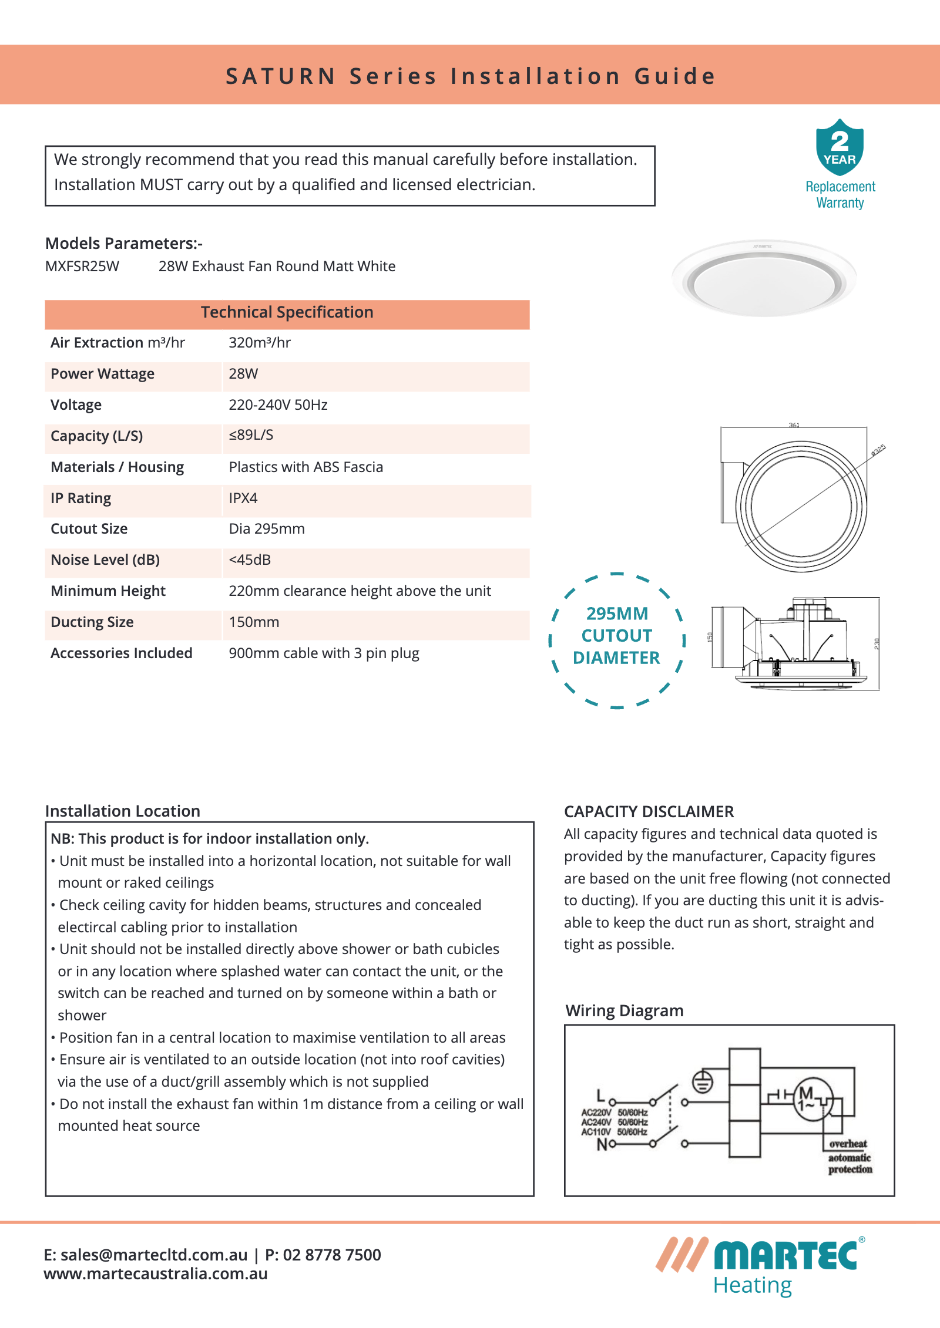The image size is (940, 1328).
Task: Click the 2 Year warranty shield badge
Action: coord(840,147)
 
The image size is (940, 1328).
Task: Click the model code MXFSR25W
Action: coord(82,267)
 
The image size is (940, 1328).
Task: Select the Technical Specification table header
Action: coord(287,312)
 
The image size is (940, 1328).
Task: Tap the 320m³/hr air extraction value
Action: coord(260,343)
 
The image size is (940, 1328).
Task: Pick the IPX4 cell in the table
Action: coord(243,498)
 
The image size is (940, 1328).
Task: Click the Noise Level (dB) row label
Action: coord(105,560)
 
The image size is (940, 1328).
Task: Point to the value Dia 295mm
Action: coord(267,529)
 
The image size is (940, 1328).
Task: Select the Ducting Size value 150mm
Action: coord(254,622)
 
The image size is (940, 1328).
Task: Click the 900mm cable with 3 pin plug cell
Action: coord(324,653)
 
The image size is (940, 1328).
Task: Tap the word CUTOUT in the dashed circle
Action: coord(616,636)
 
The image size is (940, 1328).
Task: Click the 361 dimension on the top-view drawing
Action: coord(794,425)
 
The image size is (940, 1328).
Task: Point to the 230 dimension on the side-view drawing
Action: coord(877,643)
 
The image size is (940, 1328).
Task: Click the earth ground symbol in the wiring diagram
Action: coord(703,1082)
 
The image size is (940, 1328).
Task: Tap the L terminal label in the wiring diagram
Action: coord(600,1096)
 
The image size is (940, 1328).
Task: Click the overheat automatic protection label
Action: coord(850,1157)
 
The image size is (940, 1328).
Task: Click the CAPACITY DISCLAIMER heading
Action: coord(649,812)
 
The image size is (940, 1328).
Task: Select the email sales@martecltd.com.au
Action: coord(154,1255)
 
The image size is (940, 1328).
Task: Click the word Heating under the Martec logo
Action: coord(752,1286)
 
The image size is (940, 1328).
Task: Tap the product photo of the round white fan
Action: coord(764,279)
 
